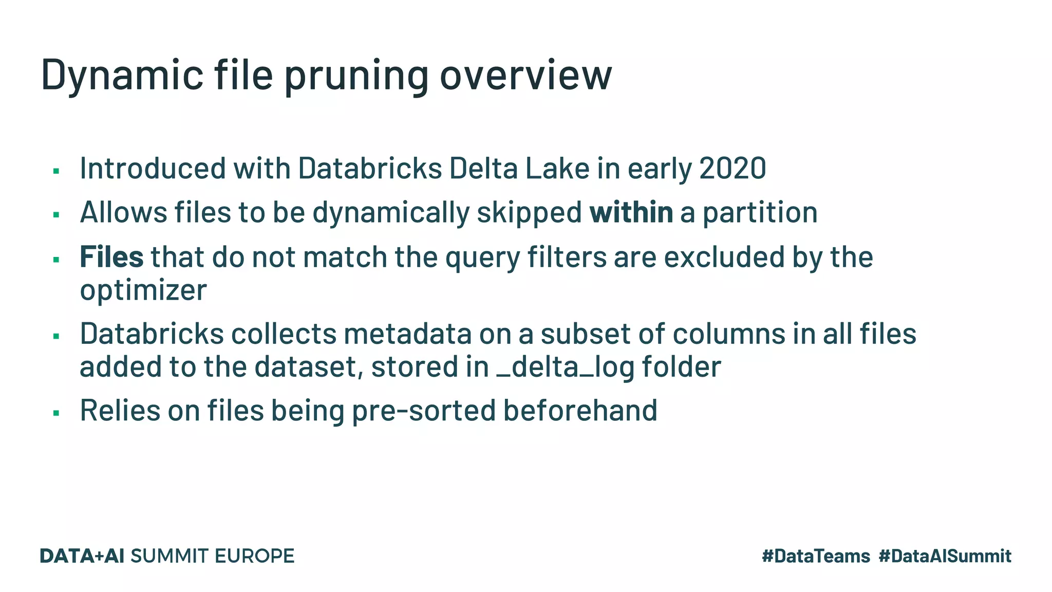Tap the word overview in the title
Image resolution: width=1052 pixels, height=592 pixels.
click(x=525, y=75)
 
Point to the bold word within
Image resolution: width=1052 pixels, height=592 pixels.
click(x=631, y=212)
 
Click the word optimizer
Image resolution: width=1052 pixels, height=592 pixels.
click(x=143, y=290)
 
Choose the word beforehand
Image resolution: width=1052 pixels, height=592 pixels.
click(x=580, y=410)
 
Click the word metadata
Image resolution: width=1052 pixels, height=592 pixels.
click(x=407, y=334)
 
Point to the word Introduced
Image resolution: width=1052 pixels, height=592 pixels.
click(x=153, y=168)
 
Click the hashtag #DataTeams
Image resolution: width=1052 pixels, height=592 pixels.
click(x=816, y=556)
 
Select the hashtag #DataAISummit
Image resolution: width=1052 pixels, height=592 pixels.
click(x=945, y=556)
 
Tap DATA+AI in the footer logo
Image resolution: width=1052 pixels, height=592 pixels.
click(x=82, y=556)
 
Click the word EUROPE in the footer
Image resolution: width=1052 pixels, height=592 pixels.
click(x=254, y=556)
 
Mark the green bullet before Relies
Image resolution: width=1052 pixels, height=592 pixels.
click(x=57, y=413)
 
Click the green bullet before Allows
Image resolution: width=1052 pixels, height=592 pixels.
click(x=57, y=214)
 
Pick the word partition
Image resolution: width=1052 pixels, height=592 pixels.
click(x=760, y=212)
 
